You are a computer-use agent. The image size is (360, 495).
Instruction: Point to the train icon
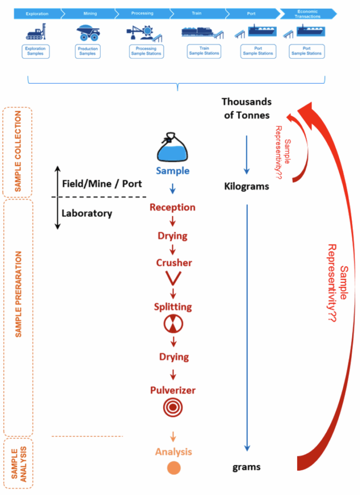202,32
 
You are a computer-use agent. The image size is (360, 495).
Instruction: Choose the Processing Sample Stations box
147,51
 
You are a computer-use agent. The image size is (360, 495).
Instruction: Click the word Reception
173,207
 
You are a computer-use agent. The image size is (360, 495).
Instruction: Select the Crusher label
174,263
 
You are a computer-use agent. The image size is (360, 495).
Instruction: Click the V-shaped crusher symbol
173,278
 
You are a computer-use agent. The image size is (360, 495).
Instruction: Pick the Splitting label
173,306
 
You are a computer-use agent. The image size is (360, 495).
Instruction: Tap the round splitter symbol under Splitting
173,325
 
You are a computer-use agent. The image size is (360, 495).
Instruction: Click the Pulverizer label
173,390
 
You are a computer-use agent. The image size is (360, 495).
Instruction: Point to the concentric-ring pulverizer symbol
173,407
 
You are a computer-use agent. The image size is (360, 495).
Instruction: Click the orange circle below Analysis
174,468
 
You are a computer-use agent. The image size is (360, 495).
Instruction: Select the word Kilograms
246,186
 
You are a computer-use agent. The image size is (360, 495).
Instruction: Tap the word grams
247,467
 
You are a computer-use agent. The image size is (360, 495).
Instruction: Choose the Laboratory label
87,213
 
